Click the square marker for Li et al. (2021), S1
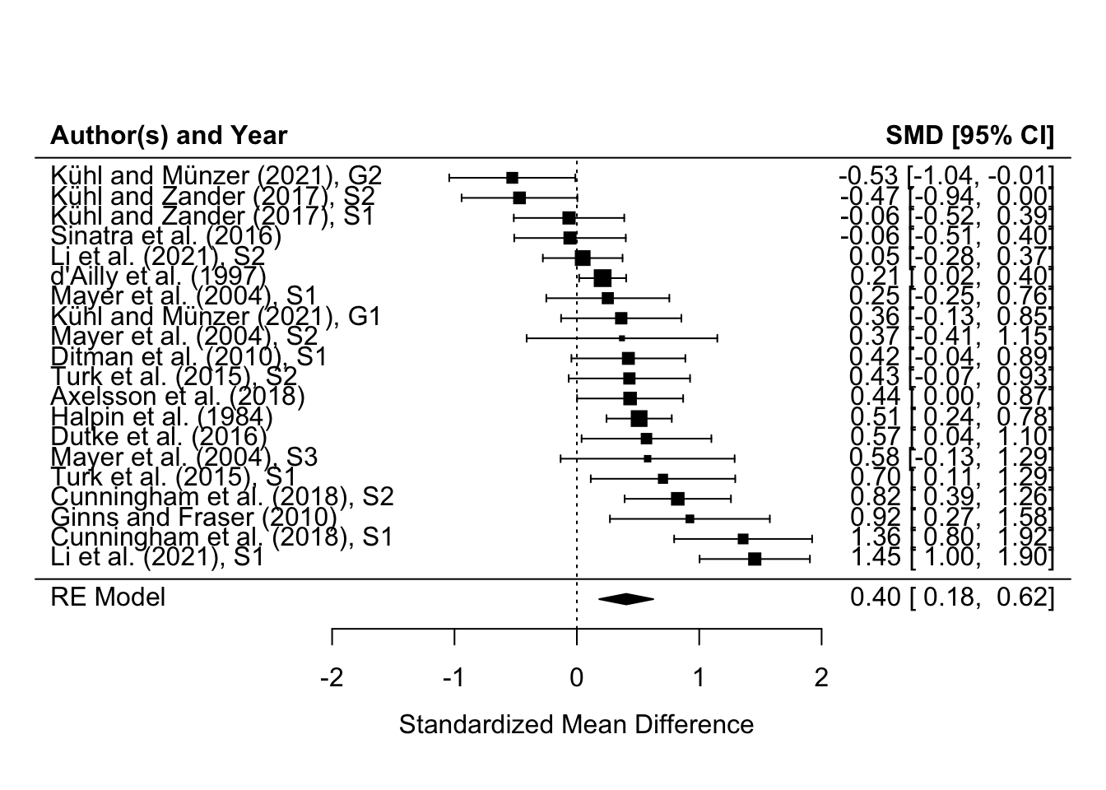click(755, 559)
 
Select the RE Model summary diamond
click(626, 599)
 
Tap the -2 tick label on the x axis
click(332, 678)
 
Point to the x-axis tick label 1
click(699, 678)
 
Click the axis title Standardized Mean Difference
click(576, 725)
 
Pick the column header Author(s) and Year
click(169, 136)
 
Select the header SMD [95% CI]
click(969, 136)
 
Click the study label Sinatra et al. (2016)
click(166, 237)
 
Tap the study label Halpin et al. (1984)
click(161, 417)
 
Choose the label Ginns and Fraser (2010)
click(194, 518)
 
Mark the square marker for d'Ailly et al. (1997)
click(602, 278)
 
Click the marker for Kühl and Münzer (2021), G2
click(512, 178)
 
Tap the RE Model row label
click(108, 597)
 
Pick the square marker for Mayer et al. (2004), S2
click(621, 338)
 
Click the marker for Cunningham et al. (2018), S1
click(743, 539)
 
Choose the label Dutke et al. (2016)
click(159, 438)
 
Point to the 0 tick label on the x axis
click(576, 678)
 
